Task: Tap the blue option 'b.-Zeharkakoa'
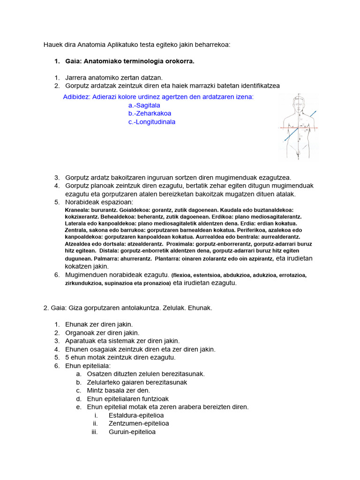click(150, 113)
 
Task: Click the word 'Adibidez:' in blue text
click(77, 97)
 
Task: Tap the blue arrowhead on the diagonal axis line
click(315, 112)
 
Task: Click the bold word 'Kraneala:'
click(77, 210)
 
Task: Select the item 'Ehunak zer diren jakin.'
click(99, 324)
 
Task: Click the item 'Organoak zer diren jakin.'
click(102, 333)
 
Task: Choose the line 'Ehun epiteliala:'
click(88, 366)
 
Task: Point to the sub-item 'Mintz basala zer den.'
click(119, 390)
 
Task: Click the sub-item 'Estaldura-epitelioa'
click(136, 415)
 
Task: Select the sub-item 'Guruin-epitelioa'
click(132, 432)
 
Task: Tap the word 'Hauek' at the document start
click(52, 45)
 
